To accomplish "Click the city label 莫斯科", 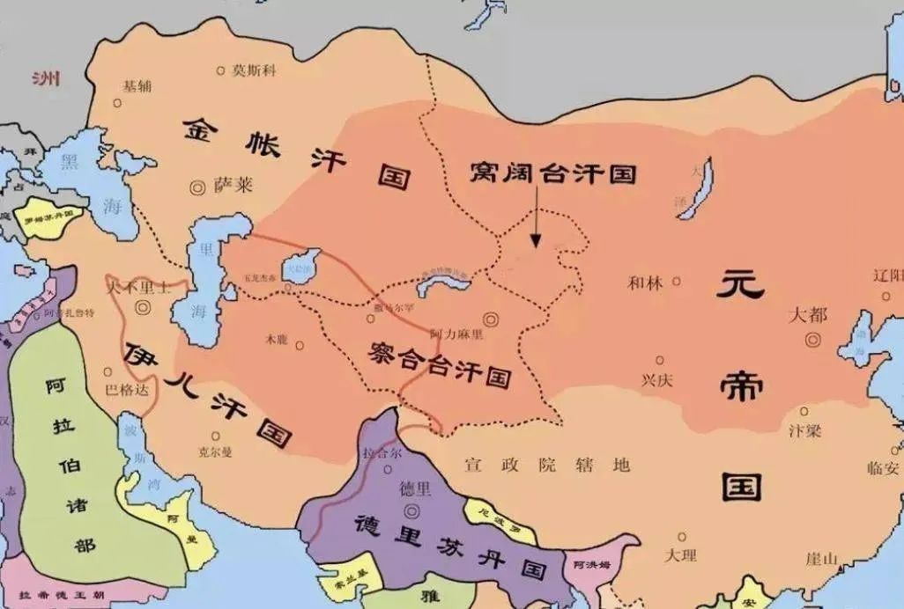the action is pos(253,70).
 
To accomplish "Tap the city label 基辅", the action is pos(137,86).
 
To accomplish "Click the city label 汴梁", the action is pos(804,431).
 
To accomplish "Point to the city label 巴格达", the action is pos(126,389).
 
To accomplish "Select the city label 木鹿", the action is pos(276,339).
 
